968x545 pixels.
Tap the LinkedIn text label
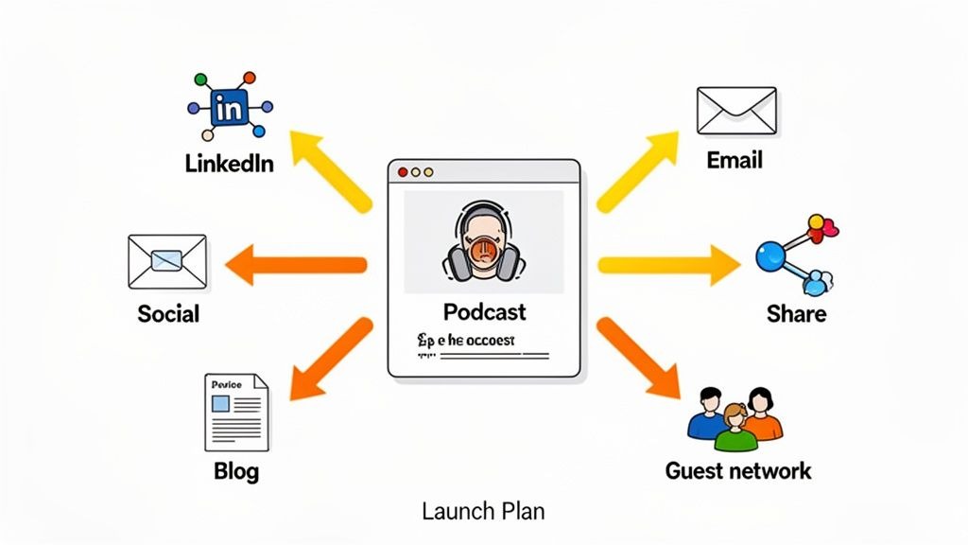pos(230,163)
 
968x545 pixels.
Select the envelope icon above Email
pos(735,110)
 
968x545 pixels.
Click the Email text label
pos(735,160)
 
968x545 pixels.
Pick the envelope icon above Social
pos(166,261)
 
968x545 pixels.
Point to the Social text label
pos(168,313)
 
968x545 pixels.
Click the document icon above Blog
pos(235,412)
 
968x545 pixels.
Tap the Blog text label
pos(236,470)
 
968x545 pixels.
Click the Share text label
pos(796,313)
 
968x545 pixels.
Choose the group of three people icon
pos(735,417)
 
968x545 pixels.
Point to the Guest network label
pos(738,470)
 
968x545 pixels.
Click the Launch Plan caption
pos(483,512)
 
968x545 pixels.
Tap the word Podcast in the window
pos(484,311)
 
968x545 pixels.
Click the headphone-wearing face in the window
pos(483,243)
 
